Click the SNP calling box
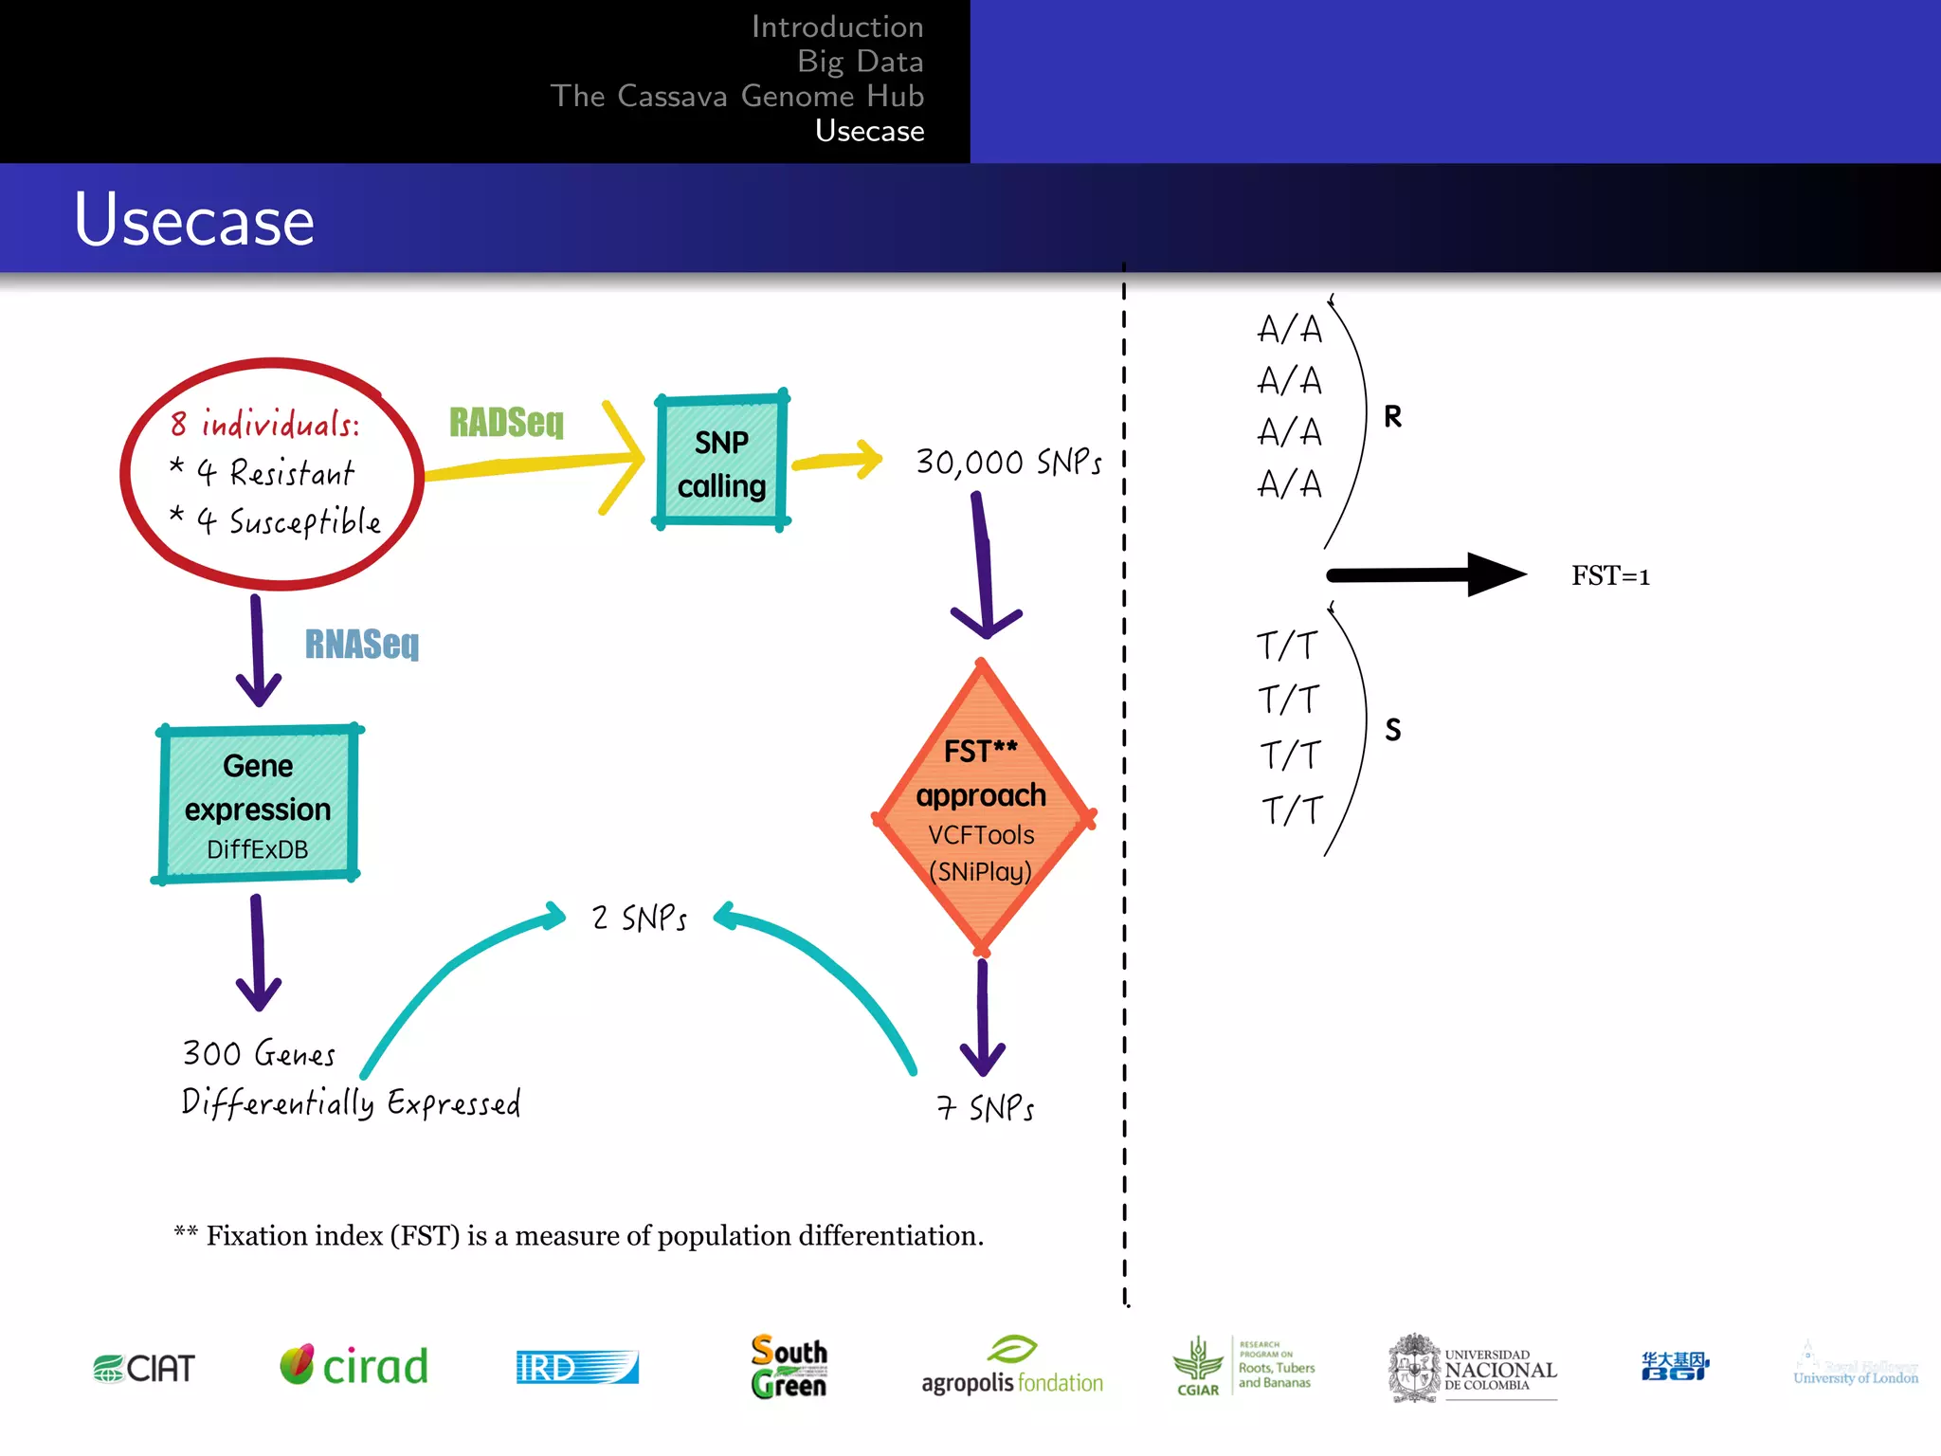pos(721,462)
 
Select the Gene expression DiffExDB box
pos(258,805)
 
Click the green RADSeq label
pos(506,422)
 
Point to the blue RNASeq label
pos(361,644)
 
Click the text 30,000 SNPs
pos(1008,463)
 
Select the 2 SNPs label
pos(640,918)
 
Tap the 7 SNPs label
pos(986,1107)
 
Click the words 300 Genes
pos(259,1053)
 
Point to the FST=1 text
pos(1610,575)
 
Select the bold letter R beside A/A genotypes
pos(1392,416)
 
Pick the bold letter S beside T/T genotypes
pos(1392,729)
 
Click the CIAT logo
pos(144,1368)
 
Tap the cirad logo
pos(354,1366)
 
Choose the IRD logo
pos(576,1367)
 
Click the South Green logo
pos(789,1366)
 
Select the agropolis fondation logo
pos(1012,1368)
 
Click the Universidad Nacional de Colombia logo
pos(1472,1368)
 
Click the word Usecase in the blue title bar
pos(194,220)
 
